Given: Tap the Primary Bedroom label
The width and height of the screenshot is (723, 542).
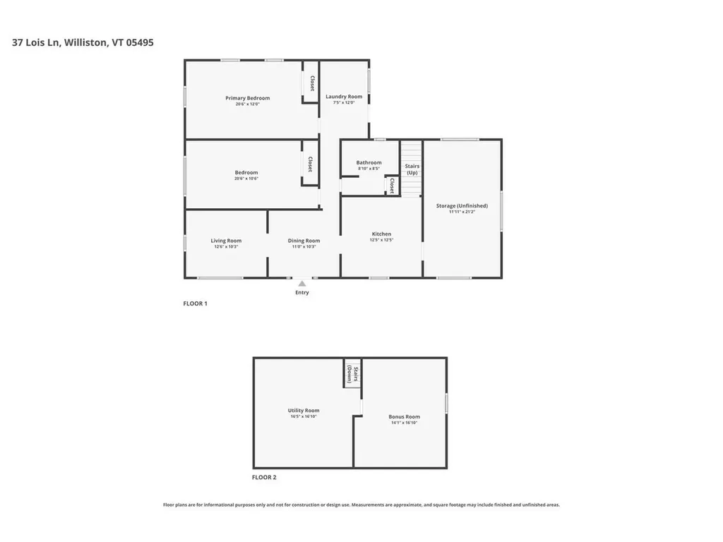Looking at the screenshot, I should [x=247, y=98].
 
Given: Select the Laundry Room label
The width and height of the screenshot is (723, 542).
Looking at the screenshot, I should [x=344, y=97].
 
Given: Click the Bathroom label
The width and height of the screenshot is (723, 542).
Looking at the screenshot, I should [x=369, y=162].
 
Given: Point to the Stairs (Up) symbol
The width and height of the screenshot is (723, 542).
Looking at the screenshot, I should [x=412, y=169].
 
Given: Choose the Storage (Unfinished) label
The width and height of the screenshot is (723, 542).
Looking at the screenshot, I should [x=462, y=205].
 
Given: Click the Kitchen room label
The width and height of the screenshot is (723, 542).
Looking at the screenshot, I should [x=381, y=234].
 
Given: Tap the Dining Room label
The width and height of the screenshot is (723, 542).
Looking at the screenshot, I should [x=304, y=241].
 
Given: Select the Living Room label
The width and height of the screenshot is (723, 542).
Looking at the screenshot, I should [x=226, y=241].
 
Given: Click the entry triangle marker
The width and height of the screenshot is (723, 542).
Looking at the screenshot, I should [x=302, y=283].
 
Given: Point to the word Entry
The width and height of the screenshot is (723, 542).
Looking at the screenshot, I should [x=302, y=292].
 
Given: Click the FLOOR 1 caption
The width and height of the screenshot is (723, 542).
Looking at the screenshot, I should [x=196, y=303].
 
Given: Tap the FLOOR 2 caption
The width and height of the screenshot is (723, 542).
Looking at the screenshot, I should [x=264, y=478].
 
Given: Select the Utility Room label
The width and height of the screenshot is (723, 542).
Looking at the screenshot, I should [x=304, y=410].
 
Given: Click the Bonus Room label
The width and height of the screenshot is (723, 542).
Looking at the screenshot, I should [x=405, y=416].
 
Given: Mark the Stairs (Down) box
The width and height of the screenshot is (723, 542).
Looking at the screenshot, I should [x=352, y=373].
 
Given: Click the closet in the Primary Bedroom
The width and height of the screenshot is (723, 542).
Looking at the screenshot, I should [x=311, y=83].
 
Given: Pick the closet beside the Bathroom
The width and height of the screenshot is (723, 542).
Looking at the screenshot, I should [x=392, y=186].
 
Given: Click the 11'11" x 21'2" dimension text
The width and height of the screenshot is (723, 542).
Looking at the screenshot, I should [x=462, y=212].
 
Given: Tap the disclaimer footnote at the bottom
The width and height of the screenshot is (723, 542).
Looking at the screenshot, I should [x=361, y=505].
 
